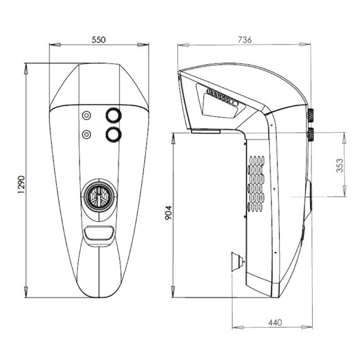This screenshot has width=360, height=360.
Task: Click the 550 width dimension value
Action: click(x=99, y=40)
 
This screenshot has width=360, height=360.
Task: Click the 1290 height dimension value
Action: click(x=21, y=184)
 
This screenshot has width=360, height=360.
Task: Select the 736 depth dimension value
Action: click(x=244, y=40)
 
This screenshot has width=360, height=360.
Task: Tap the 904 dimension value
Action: click(x=169, y=213)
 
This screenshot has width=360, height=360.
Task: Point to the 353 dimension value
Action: click(x=340, y=165)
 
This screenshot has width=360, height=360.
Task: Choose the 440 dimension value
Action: click(x=275, y=323)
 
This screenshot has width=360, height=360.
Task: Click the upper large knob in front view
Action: click(x=114, y=115)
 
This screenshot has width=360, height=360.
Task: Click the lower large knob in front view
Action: click(x=114, y=135)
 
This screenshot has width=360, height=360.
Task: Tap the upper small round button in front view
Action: click(x=87, y=115)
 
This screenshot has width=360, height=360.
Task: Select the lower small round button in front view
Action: click(x=87, y=135)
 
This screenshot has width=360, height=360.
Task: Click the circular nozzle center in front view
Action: click(x=99, y=197)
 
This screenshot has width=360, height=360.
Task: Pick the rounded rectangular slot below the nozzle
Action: click(x=99, y=233)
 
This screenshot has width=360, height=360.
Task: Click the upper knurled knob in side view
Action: click(x=311, y=116)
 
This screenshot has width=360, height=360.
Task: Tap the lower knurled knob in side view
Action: click(x=311, y=135)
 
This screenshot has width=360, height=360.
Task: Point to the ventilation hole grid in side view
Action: click(x=256, y=184)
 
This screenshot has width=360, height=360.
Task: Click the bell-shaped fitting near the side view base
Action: click(x=238, y=262)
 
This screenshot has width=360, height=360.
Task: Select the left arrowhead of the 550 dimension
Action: click(x=55, y=45)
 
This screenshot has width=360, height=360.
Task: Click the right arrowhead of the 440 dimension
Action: click(x=306, y=327)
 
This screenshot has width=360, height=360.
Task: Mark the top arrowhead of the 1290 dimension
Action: click(x=26, y=69)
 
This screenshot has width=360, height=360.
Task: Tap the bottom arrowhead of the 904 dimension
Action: click(x=173, y=292)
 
